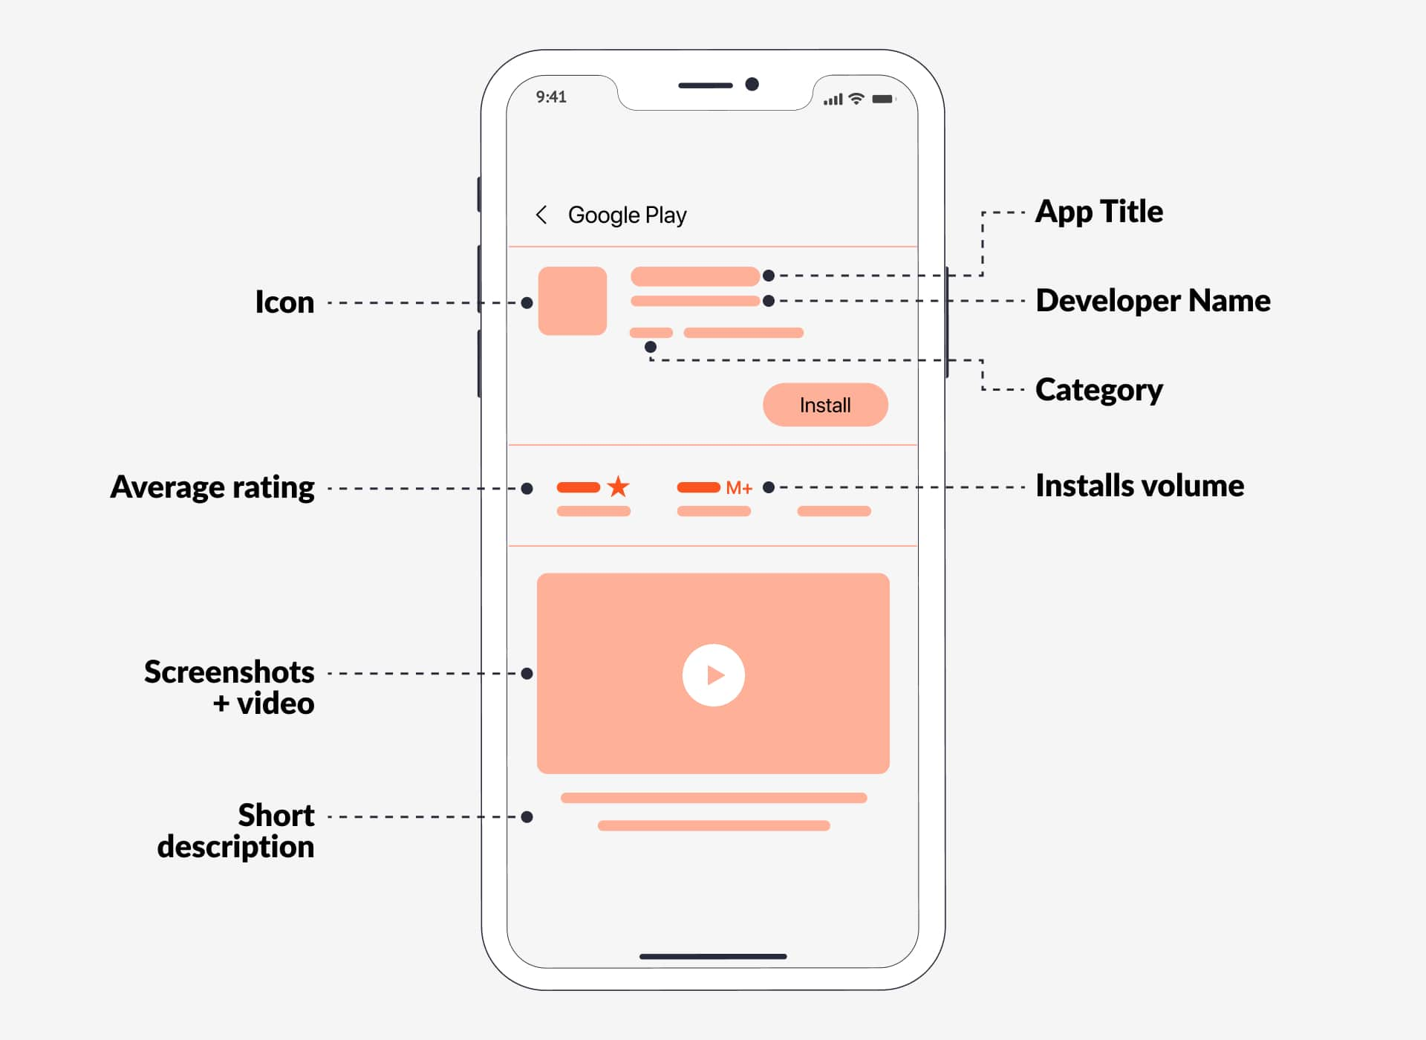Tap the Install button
(x=825, y=405)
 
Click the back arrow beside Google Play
(x=541, y=215)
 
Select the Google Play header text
(x=627, y=215)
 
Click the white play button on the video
(x=713, y=675)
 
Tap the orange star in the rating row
(x=618, y=487)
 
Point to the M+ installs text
(x=739, y=488)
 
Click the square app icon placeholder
(x=572, y=301)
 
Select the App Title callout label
(x=1098, y=212)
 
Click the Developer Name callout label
(x=1153, y=301)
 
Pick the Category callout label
(x=1098, y=390)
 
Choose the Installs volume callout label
(x=1139, y=486)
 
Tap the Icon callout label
(x=284, y=302)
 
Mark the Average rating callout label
(x=212, y=487)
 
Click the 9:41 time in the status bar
(x=551, y=97)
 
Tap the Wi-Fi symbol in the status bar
(x=856, y=99)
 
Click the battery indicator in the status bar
(x=883, y=99)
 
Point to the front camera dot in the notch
(x=752, y=84)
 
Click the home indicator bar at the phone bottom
(x=713, y=956)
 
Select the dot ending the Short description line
(x=527, y=817)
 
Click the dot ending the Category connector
(x=651, y=347)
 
